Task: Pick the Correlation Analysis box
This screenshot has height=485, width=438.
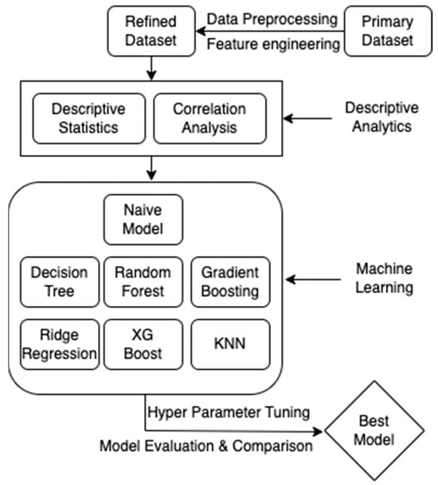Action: [210, 118]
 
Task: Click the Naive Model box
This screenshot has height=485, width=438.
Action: [143, 220]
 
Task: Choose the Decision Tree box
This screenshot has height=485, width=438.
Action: [60, 282]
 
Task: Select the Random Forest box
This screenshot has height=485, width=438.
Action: [143, 282]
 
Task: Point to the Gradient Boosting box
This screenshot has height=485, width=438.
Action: [230, 282]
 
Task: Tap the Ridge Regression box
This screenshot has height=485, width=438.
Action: [60, 343]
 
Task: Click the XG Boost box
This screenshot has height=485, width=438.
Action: [143, 343]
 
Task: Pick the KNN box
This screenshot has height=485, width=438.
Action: [230, 343]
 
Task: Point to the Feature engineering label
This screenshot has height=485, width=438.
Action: [273, 45]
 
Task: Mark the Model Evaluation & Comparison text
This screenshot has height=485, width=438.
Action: [205, 446]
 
